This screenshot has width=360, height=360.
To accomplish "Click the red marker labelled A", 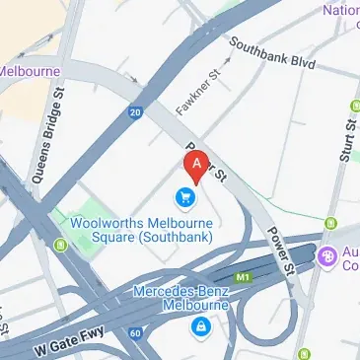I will (x=197, y=164).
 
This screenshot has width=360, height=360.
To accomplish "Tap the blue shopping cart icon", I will (x=185, y=196).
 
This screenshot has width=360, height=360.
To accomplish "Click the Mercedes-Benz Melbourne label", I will (x=180, y=298).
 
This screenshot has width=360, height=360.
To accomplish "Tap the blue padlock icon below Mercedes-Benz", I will (x=201, y=324).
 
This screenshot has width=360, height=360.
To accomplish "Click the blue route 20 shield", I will (x=133, y=113).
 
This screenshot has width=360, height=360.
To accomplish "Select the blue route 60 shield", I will (x=135, y=333).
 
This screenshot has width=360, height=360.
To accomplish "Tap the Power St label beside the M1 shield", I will (x=280, y=254).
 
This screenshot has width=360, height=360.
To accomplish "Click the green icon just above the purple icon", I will (x=332, y=224).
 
